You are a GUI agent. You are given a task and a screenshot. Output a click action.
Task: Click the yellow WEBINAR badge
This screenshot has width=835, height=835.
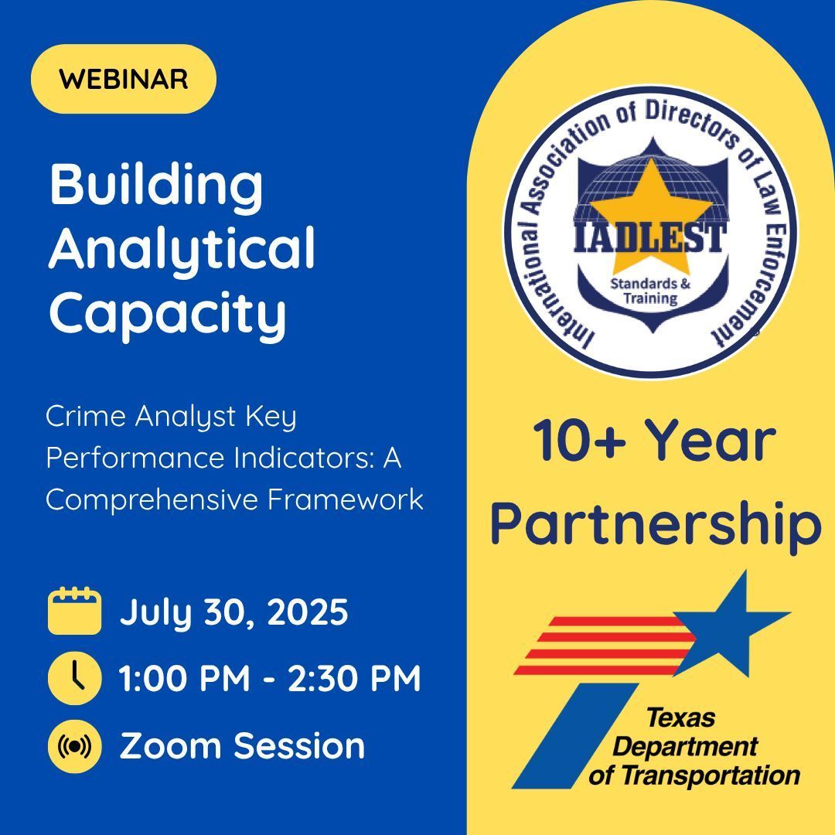click(x=124, y=79)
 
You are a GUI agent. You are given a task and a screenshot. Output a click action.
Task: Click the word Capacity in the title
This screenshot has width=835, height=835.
click(x=167, y=313)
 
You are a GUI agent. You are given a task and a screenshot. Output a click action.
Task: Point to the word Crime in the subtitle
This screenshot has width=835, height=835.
click(x=84, y=417)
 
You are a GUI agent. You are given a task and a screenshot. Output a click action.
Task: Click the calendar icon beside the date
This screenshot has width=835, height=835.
click(x=74, y=611)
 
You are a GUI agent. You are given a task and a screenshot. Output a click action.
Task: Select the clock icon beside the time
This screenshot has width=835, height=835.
click(x=74, y=678)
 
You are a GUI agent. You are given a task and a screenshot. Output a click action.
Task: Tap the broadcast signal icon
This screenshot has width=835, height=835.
click(x=74, y=746)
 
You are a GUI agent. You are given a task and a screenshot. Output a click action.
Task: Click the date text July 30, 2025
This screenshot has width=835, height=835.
click(x=233, y=612)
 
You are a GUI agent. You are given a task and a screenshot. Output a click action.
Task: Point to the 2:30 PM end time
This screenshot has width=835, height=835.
click(x=355, y=679)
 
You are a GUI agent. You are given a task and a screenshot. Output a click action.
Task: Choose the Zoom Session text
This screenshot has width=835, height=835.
click(x=242, y=746)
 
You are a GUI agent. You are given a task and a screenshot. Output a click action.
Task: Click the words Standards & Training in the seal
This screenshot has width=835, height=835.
click(x=651, y=291)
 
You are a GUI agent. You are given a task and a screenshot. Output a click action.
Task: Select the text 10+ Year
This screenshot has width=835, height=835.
click(x=654, y=441)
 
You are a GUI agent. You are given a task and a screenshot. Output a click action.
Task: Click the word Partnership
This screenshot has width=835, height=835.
click(x=656, y=526)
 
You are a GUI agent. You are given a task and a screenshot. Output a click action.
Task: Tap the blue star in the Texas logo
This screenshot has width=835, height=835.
click(x=733, y=619)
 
